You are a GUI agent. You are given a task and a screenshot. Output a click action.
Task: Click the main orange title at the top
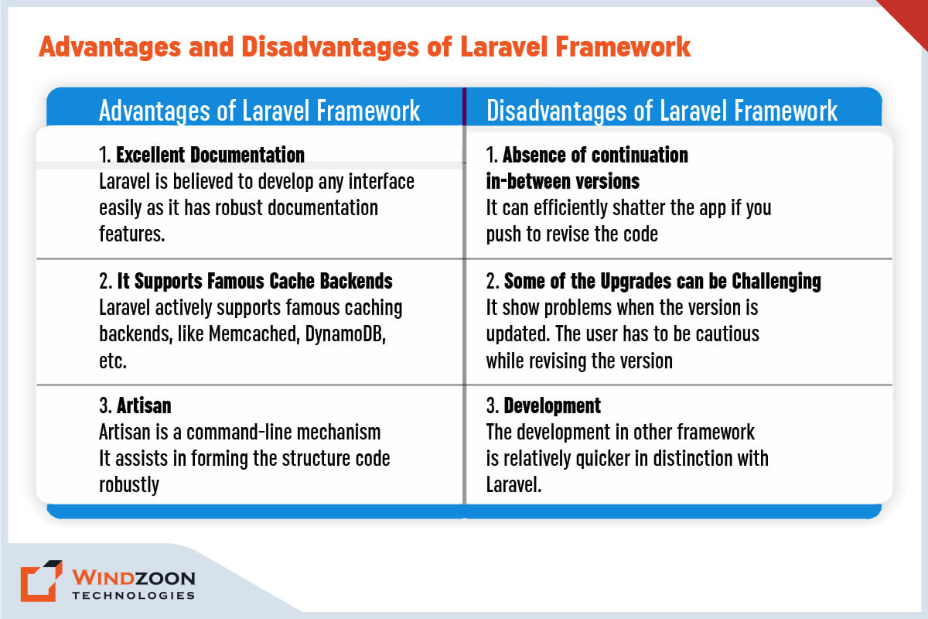(x=364, y=47)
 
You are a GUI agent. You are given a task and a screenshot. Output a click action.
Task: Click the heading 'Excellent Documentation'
(x=210, y=155)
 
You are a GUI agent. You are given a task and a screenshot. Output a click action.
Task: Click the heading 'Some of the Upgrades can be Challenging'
(x=662, y=281)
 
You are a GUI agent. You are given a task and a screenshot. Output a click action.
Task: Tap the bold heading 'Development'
(x=552, y=405)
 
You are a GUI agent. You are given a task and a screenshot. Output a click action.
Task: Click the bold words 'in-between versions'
(x=562, y=181)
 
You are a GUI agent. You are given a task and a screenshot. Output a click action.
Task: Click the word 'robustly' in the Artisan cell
(x=129, y=484)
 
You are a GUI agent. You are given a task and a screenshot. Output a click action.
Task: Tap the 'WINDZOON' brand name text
(x=132, y=577)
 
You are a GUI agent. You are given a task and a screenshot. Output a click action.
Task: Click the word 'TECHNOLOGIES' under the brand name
(x=132, y=596)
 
